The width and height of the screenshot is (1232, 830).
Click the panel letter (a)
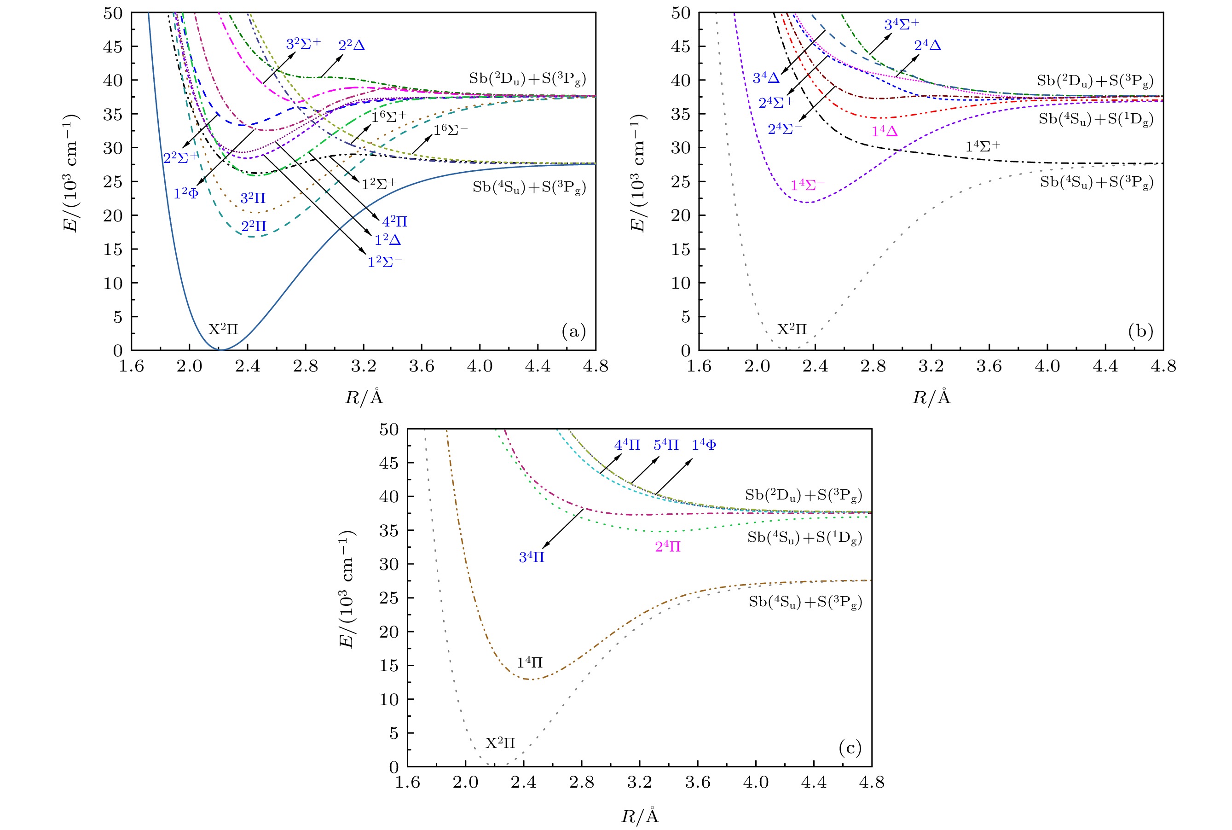pos(574,332)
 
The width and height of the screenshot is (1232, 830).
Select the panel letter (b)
pos(1140,332)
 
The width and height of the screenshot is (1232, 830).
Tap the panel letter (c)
pos(850,748)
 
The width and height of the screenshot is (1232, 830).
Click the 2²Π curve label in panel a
pos(254,226)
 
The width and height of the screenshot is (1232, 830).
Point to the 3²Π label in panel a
pos(253,198)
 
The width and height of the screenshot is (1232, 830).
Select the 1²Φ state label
pos(186,194)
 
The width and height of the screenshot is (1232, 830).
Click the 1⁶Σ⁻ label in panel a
pos(451,130)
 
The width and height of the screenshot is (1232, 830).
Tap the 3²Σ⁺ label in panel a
pos(303,44)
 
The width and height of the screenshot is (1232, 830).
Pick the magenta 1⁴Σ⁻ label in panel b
pos(808,185)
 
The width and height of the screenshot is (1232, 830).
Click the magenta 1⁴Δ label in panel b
pos(885,131)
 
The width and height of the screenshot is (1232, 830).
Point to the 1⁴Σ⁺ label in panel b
pos(983,147)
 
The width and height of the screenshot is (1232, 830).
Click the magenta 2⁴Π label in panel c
pos(668,547)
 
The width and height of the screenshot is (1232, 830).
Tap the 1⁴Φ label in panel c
pos(704,445)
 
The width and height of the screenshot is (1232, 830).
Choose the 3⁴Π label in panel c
pos(532,557)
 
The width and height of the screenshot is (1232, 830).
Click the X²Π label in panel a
pos(223,330)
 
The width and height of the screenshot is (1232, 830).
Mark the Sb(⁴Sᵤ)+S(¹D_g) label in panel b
pos(1095,120)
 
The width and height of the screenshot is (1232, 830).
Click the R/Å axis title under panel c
pos(640,816)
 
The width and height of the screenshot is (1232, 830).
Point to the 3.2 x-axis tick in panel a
pos(364,366)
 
